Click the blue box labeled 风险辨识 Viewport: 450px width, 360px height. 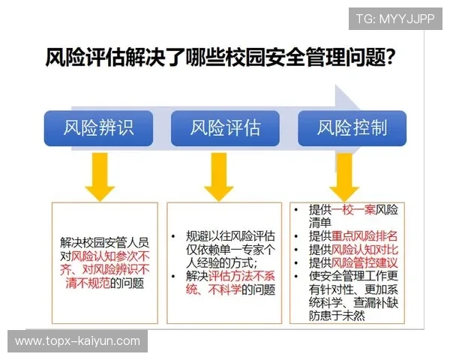[98, 128]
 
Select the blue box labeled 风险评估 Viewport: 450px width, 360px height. [225, 128]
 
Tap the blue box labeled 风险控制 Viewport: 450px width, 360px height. [352, 128]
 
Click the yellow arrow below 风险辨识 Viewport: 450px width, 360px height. [99, 175]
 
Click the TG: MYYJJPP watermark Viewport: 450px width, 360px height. [394, 19]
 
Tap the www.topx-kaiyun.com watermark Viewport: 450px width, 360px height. [77, 341]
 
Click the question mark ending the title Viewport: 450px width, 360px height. [391, 58]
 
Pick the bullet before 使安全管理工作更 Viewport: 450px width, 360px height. [298, 277]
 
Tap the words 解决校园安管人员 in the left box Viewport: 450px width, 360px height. [105, 242]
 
